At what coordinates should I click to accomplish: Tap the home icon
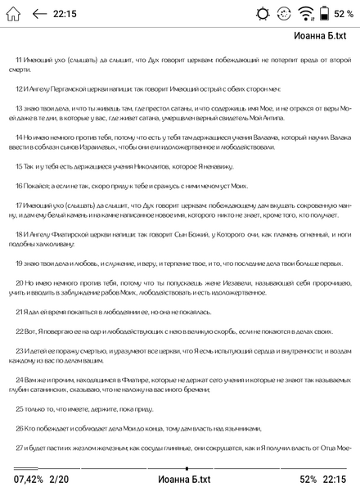pos(12,13)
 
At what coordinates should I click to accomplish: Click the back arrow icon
pos(39,13)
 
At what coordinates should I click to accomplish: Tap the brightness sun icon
pos(262,13)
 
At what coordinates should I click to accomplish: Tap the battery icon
pos(325,13)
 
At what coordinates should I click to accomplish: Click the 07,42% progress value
pos(28,479)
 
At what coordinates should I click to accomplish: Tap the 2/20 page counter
pos(59,479)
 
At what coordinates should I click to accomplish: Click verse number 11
pos(19,61)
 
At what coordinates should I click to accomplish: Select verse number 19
pos(19,264)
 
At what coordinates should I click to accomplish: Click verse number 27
pos(19,448)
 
